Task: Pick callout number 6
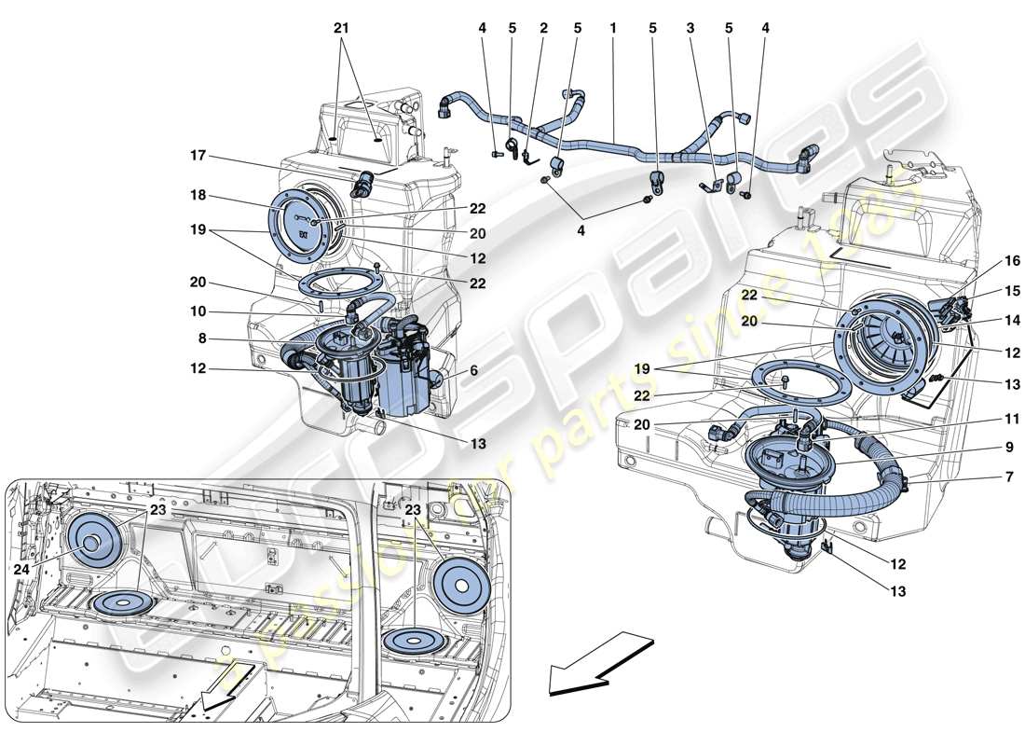[x=475, y=370]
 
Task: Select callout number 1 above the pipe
[x=613, y=28]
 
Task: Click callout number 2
[x=543, y=28]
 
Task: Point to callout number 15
[x=986, y=292]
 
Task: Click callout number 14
[x=986, y=320]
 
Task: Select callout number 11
[x=986, y=420]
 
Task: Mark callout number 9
[x=986, y=448]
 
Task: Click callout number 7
[x=986, y=478]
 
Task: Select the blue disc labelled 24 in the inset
[x=96, y=543]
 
